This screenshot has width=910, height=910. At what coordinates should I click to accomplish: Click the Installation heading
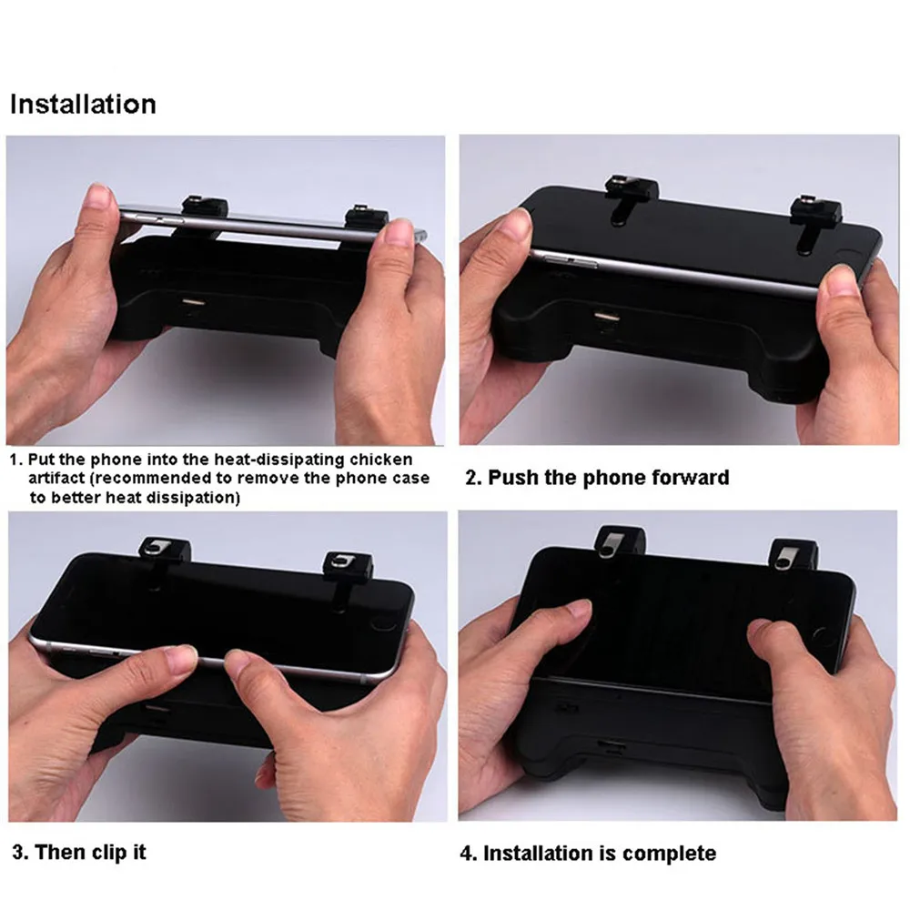(83, 105)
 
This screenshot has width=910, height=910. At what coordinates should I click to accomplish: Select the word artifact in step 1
(56, 479)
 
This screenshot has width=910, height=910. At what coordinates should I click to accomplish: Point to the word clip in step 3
(110, 853)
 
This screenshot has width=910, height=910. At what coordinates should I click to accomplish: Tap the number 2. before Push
(473, 478)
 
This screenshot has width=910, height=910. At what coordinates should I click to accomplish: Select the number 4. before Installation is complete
(469, 854)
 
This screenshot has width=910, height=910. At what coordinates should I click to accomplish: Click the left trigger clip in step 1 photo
(205, 208)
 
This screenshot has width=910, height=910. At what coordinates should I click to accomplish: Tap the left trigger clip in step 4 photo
(620, 542)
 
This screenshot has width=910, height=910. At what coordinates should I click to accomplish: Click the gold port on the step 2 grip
(606, 317)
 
